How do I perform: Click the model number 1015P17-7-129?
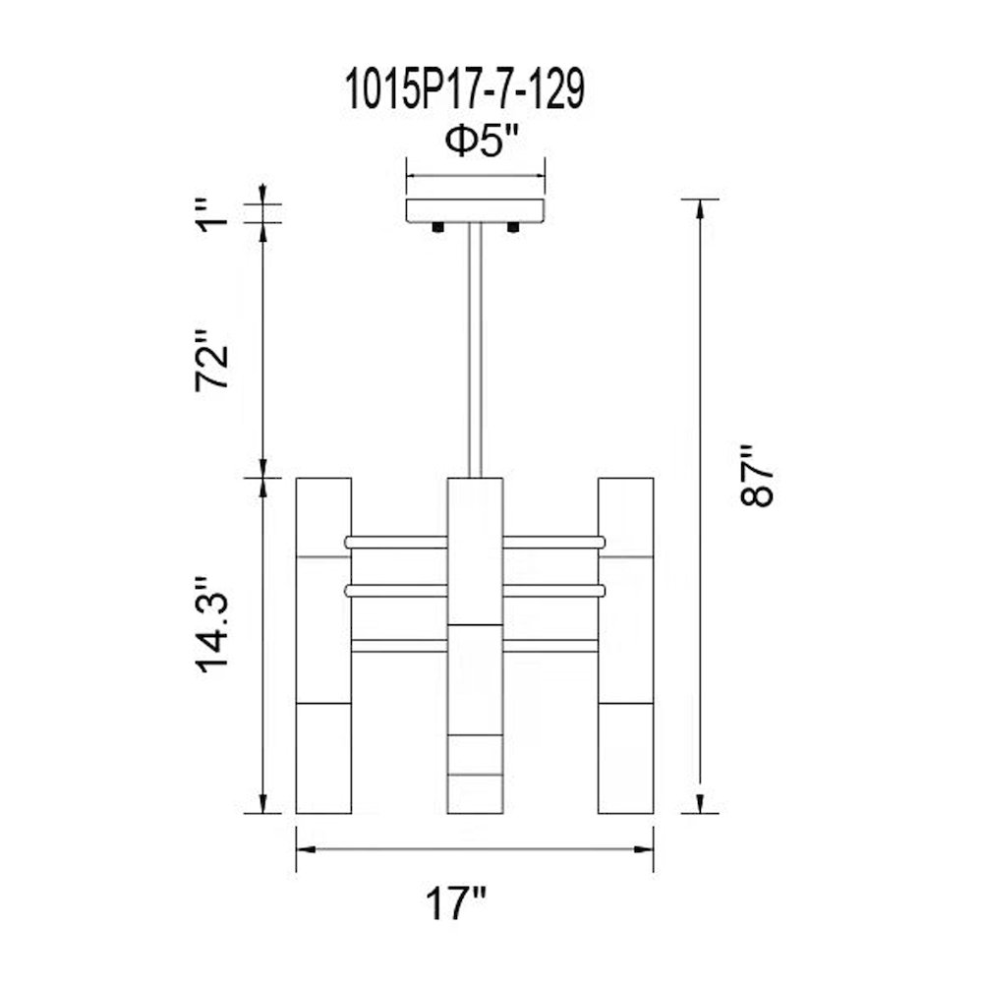coord(466,89)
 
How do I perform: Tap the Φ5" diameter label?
coord(483,141)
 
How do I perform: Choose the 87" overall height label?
coord(757,476)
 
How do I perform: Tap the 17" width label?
coord(456,903)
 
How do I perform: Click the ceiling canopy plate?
coord(475,210)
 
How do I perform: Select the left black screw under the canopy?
coord(437,228)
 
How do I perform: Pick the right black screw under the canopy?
coord(513,228)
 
